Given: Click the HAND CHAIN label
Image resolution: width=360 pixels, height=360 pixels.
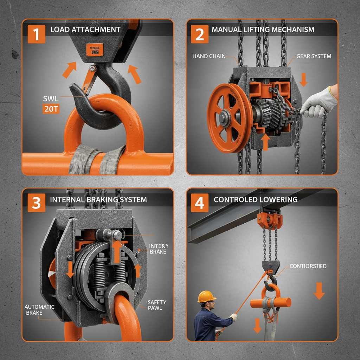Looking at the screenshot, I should point(209,56).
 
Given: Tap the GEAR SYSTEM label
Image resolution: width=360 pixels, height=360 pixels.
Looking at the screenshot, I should point(314,56).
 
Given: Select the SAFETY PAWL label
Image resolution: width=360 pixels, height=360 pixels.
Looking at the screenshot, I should point(157,305).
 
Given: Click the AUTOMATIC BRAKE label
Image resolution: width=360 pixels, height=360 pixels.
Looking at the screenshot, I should point(39,309).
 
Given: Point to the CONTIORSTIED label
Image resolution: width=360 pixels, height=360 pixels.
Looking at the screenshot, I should point(308,266).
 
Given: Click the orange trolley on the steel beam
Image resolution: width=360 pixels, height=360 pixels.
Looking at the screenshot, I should point(270,220).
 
